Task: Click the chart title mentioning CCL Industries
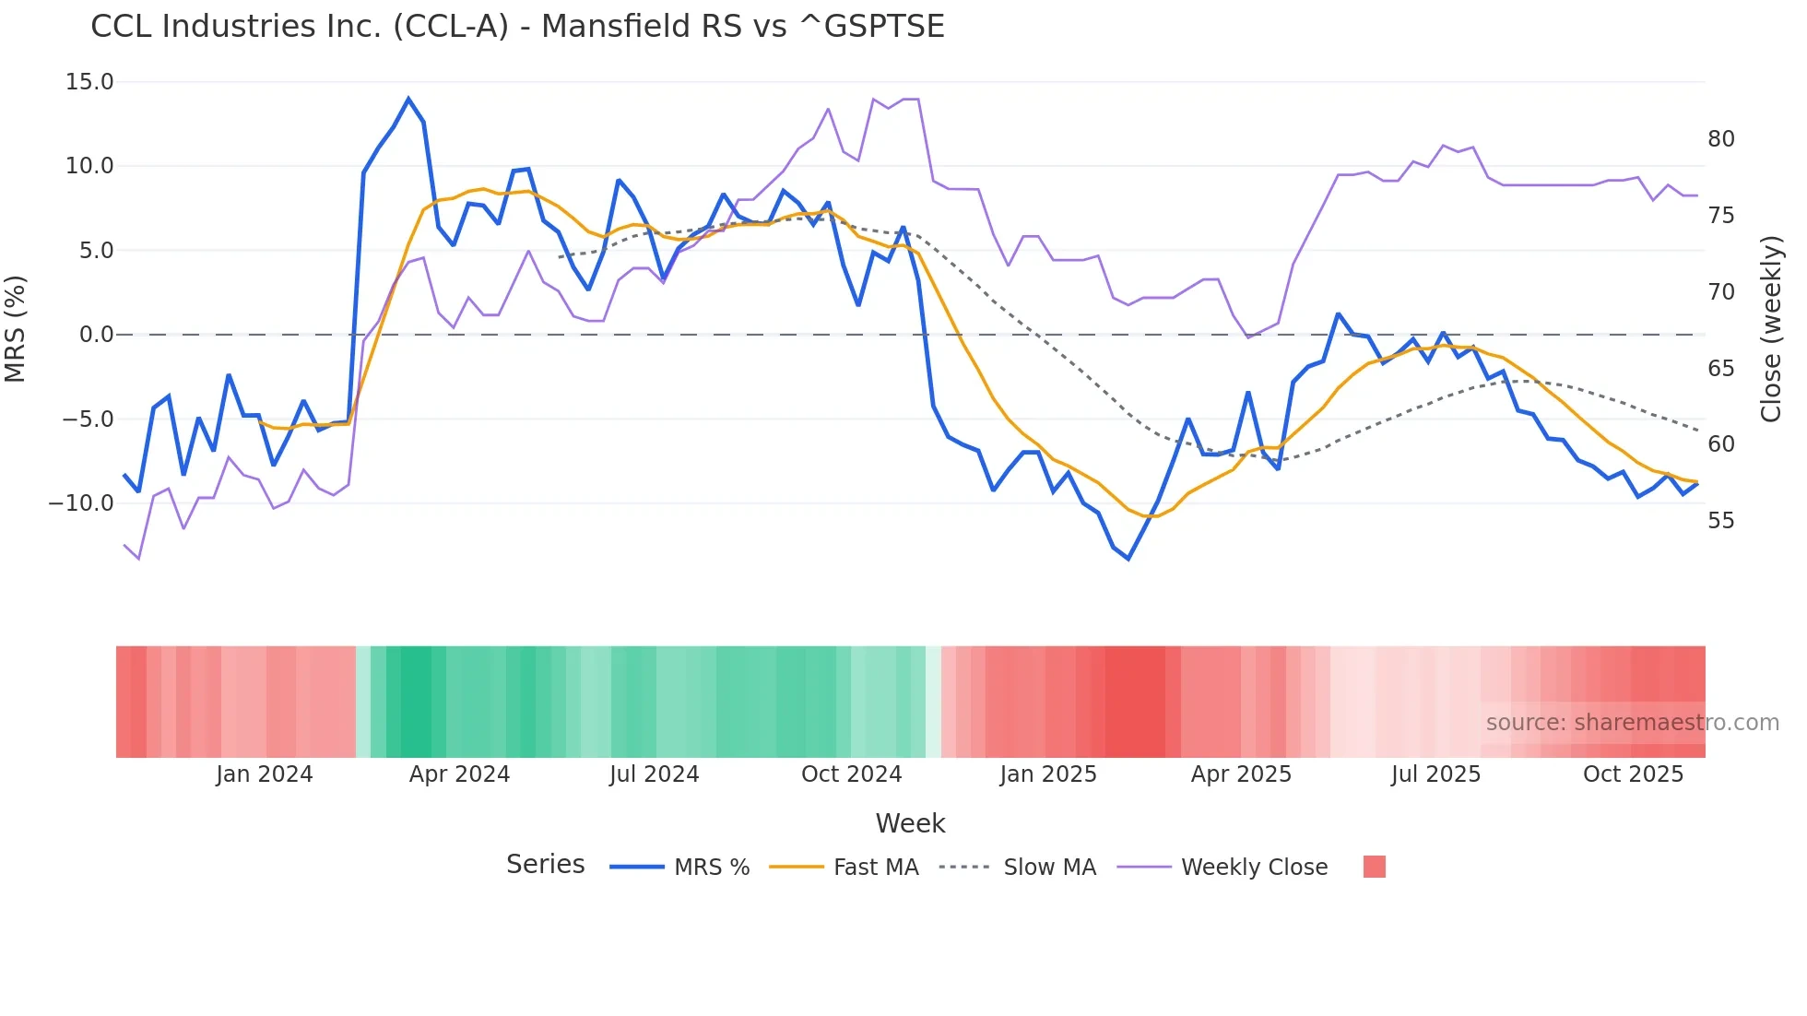point(517,27)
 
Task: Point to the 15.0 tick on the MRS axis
point(89,82)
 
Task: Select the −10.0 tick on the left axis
point(81,503)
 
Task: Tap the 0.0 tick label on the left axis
point(96,335)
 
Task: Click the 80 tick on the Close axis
point(1720,139)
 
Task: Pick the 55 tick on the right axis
point(1720,521)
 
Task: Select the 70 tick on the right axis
point(1720,292)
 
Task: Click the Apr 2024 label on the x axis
point(459,774)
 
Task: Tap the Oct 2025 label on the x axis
point(1633,774)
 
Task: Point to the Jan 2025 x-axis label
point(1048,774)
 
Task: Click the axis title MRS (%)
point(16,329)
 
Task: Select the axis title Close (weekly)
point(1770,329)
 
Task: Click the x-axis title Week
point(910,823)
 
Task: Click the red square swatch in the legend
point(1374,867)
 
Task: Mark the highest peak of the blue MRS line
point(408,99)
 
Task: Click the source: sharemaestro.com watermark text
point(1632,723)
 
